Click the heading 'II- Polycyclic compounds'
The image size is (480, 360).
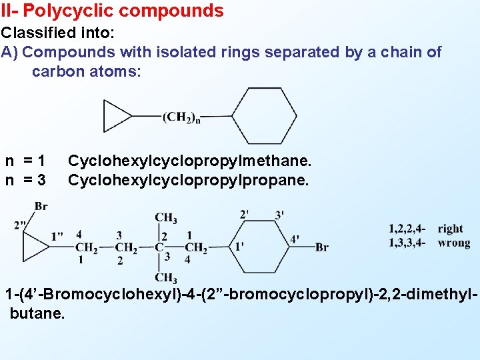(112, 11)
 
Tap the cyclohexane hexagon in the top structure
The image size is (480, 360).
(264, 116)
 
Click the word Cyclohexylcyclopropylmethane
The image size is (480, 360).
(190, 161)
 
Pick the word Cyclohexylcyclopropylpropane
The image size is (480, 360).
(189, 180)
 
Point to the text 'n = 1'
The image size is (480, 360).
(25, 161)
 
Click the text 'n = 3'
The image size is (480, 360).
(25, 180)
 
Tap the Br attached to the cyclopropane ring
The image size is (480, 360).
(41, 206)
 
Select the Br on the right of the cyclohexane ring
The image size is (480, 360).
(321, 247)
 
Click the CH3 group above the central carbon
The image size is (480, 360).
(166, 217)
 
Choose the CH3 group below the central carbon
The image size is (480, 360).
(166, 277)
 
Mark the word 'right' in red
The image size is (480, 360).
(450, 229)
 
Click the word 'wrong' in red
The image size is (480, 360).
(453, 243)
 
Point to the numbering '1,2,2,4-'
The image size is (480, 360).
(407, 229)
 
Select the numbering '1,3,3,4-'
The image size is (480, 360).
(407, 243)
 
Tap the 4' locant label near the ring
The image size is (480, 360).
(295, 239)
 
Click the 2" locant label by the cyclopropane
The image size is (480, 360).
(21, 225)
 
